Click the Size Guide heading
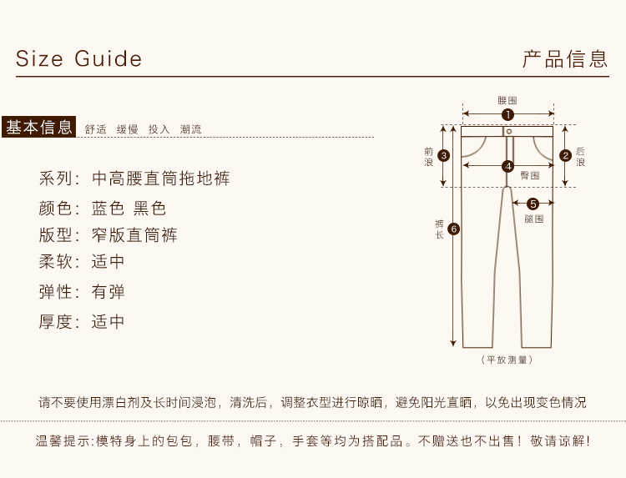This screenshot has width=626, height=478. tap(78, 59)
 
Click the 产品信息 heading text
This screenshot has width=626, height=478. tap(565, 59)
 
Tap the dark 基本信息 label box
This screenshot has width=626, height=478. tap(39, 127)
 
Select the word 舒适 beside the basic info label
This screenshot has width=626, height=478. tap(96, 129)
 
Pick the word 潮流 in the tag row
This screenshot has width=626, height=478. tap(190, 129)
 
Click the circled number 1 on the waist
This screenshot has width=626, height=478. tap(507, 114)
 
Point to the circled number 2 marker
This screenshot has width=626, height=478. tap(565, 154)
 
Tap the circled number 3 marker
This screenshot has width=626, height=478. tap(444, 154)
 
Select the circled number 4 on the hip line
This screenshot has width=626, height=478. tap(507, 166)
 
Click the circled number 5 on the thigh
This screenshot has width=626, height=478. tap(533, 203)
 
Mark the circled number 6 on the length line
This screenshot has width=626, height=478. tap(453, 229)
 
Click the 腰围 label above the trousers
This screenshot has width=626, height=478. tap(507, 100)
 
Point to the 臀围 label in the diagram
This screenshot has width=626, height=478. tap(529, 176)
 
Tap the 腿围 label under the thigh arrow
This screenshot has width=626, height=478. tap(533, 219)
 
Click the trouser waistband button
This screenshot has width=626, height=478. tap(507, 131)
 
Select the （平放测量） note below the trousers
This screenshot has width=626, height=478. tap(507, 360)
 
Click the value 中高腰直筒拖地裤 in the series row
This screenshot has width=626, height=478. tap(160, 179)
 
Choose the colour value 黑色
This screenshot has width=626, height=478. tap(150, 209)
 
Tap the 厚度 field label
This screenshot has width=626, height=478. tap(59, 321)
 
